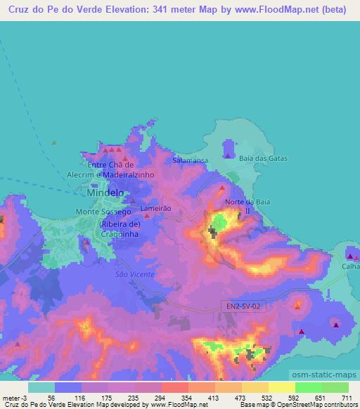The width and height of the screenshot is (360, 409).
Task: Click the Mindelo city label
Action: point(105,192)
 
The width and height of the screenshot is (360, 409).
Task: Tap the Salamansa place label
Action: point(188,161)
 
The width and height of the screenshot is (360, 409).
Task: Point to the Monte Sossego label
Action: point(104,212)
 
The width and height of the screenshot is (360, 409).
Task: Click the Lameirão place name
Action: point(155,209)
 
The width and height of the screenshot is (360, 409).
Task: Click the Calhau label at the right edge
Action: point(350,266)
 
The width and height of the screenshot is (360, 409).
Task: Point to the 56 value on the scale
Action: point(51,398)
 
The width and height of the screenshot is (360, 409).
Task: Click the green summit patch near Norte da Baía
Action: point(219,224)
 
